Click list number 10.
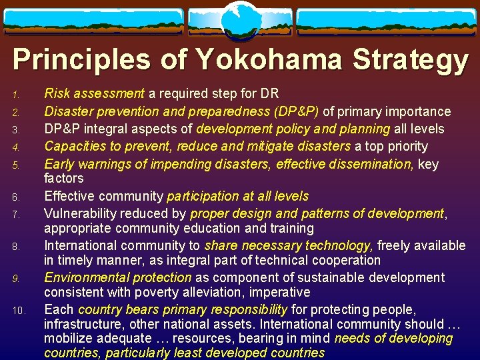point(18,310)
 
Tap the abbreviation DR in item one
point(270,94)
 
